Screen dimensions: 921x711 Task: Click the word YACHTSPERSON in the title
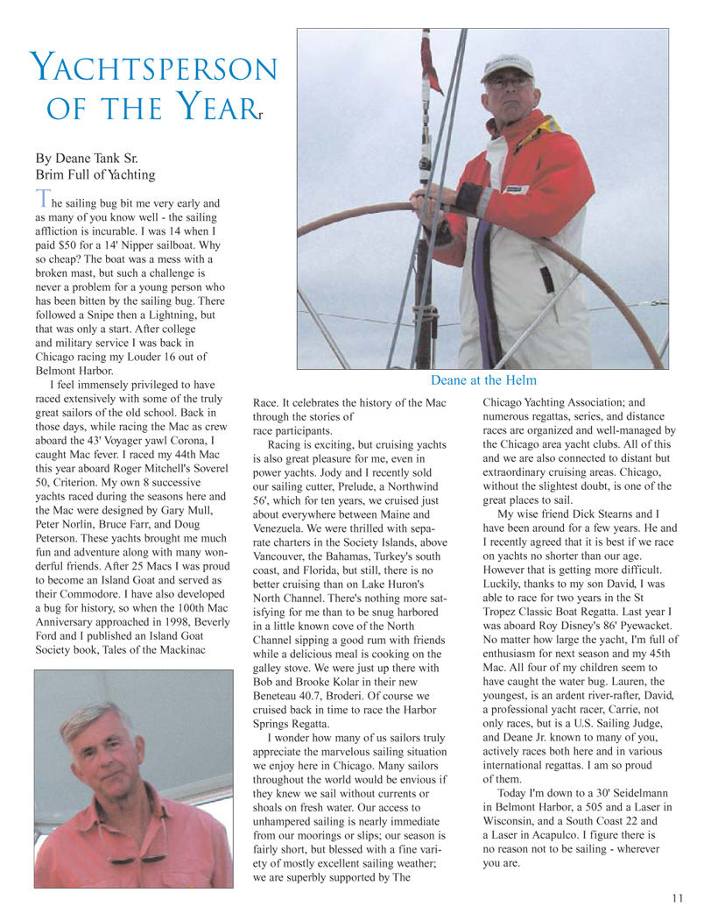153,68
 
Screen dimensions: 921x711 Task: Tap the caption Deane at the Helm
483,379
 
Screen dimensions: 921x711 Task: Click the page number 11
678,896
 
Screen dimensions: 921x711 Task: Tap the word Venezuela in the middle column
286,528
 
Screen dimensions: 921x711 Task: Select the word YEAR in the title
215,110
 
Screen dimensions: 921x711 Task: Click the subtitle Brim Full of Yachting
95,174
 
